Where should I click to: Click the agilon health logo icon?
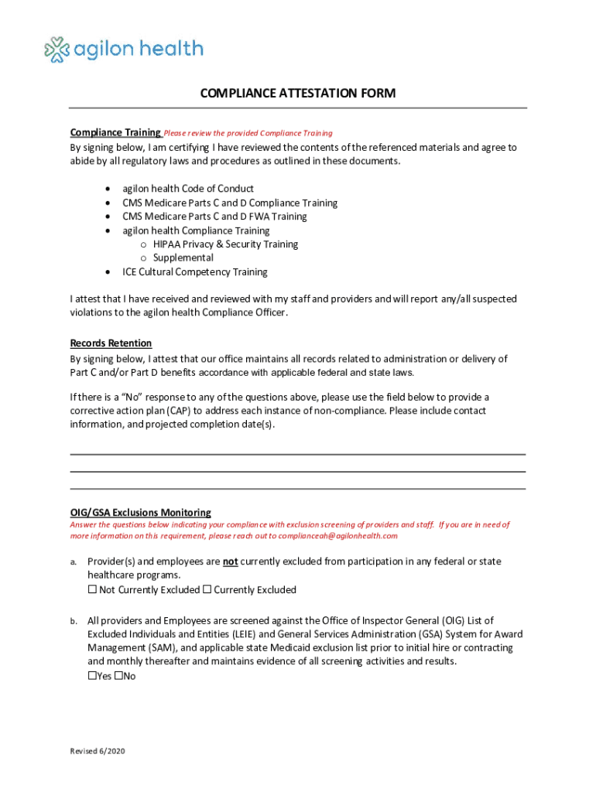pyautogui.click(x=58, y=50)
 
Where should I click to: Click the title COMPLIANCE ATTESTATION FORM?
pyautogui.click(x=298, y=94)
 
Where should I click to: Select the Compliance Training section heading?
pyautogui.click(x=115, y=132)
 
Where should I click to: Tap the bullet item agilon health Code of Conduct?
pyautogui.click(x=188, y=189)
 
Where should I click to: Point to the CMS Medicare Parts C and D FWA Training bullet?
pyautogui.click(x=214, y=217)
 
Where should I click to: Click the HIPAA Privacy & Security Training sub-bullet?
pyautogui.click(x=225, y=244)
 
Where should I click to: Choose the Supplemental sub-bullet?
pyautogui.click(x=183, y=258)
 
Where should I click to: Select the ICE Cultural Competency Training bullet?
pyautogui.click(x=195, y=272)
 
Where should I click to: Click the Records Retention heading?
pyautogui.click(x=111, y=343)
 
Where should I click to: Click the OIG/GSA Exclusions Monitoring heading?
pyautogui.click(x=140, y=513)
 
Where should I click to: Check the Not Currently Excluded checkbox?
pyautogui.click(x=92, y=590)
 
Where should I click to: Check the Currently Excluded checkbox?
pyautogui.click(x=207, y=590)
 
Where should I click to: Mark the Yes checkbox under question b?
pyautogui.click(x=92, y=676)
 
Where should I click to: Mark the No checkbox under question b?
pyautogui.click(x=118, y=676)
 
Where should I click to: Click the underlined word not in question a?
pyautogui.click(x=230, y=562)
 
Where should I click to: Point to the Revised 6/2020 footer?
pyautogui.click(x=98, y=752)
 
